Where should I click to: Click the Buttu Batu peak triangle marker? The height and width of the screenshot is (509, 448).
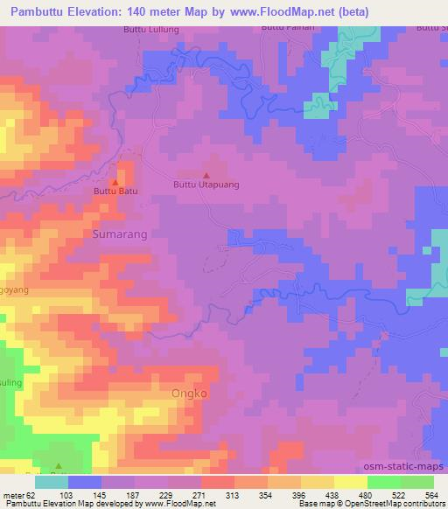point(115,181)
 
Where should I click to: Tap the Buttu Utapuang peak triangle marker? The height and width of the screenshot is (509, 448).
point(206,175)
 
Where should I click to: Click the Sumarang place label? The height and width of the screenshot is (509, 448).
point(120,234)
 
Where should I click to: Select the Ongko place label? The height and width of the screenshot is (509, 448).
point(190,394)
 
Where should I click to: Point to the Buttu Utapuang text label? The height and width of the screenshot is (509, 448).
point(206,185)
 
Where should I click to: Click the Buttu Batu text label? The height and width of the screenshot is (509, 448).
point(115,191)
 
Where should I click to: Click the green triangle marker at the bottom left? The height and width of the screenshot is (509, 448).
point(59,466)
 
